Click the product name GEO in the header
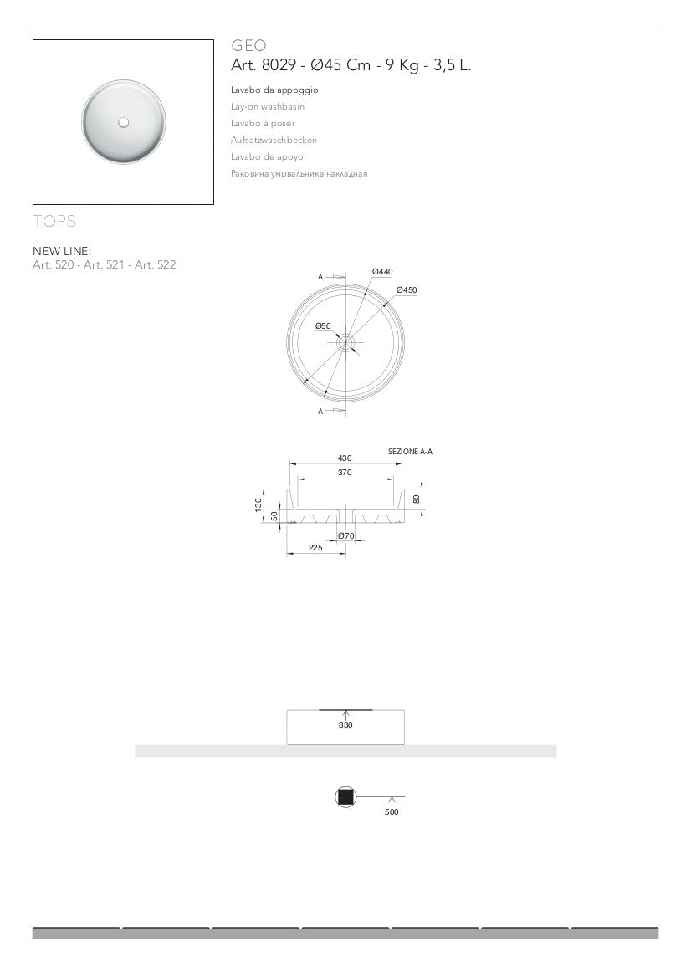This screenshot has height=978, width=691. click(248, 47)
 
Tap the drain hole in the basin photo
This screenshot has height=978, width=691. click(124, 122)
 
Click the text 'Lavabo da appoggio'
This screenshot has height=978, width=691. click(274, 90)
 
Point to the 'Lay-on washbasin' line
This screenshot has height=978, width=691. click(268, 106)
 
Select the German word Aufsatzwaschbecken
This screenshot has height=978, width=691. click(274, 140)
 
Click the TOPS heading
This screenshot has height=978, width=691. click(54, 222)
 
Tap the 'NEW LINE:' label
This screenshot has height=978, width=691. click(62, 250)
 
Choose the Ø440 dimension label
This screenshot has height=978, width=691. click(382, 271)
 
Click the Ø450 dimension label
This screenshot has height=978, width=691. click(407, 289)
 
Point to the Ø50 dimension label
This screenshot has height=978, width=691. click(323, 325)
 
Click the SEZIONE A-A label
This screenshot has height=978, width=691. click(410, 452)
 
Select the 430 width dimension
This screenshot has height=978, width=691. click(345, 458)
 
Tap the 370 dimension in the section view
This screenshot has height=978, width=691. click(345, 473)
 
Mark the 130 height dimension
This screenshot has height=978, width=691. click(258, 504)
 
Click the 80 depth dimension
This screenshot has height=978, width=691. click(417, 499)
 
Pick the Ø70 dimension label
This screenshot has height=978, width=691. click(346, 535)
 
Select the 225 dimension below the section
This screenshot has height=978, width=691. click(315, 548)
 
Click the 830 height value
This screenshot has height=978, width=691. click(345, 725)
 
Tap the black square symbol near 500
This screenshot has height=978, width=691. click(345, 797)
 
